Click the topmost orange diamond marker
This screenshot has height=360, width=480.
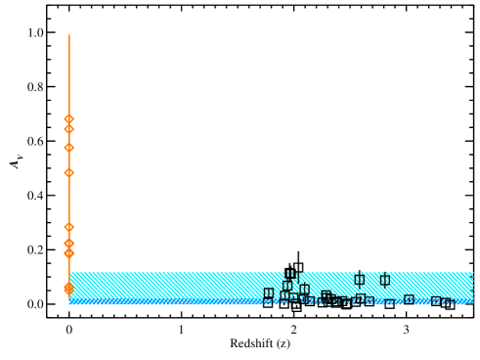coord(69,119)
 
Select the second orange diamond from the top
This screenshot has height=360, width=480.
coord(69,129)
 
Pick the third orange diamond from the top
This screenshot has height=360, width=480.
coord(69,148)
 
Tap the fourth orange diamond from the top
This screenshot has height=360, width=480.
coord(69,172)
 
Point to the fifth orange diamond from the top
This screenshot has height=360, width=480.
coord(69,227)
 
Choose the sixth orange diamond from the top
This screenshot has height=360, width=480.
coord(69,243)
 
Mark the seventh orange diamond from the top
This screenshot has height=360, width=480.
coord(69,253)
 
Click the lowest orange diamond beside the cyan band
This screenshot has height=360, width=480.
coord(69,289)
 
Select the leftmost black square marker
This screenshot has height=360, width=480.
coord(269,293)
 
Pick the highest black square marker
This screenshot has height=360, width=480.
coord(291,275)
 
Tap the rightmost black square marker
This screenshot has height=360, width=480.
coord(448,303)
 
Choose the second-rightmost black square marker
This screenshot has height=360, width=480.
coord(436,302)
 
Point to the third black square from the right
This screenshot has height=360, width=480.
coord(409,300)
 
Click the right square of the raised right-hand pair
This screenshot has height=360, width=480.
coord(384,280)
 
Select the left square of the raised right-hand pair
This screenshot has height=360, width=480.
coord(359,280)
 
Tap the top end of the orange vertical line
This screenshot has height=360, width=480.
coord(69,35)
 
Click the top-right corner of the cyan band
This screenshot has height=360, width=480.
coord(473,272)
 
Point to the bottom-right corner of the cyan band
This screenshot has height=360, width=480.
coord(473,304)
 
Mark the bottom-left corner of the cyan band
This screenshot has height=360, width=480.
coord(69,304)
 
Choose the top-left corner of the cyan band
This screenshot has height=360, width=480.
coord(69,272)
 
